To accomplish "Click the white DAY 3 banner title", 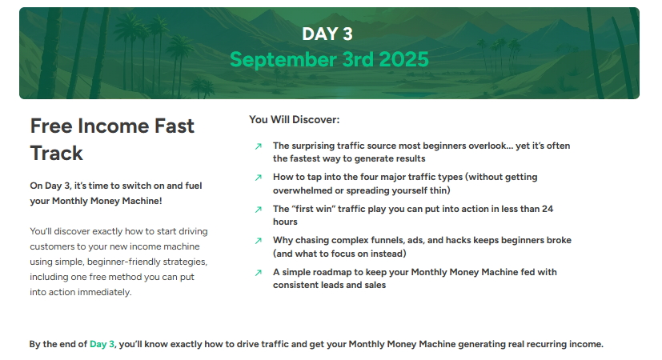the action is pos(327,34).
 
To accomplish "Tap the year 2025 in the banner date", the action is pos(403,59).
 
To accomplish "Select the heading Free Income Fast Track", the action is pos(112,139).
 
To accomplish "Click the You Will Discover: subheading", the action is pos(295,119).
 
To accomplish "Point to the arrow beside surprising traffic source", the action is pos(259,146).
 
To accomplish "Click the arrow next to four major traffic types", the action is pos(259,178).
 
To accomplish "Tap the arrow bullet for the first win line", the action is pos(259,210).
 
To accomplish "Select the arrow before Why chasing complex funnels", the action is pos(259,241).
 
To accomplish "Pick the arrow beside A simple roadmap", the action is pos(259,273).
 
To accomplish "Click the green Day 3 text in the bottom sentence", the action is pos(102,344).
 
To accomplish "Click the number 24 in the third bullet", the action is pos(548,209).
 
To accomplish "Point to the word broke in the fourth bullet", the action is pos(559,240).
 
